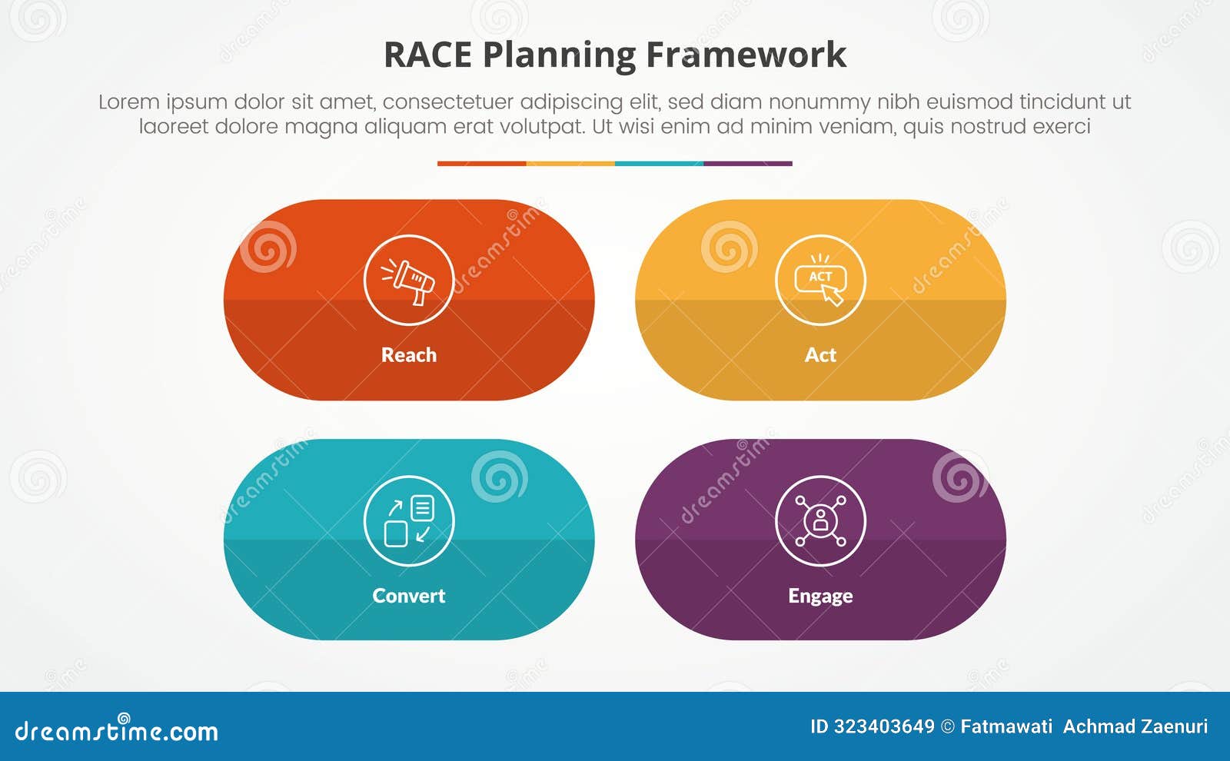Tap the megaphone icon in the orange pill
click(409, 280)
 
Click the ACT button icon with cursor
click(820, 280)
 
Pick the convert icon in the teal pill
click(409, 520)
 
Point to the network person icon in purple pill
click(820, 520)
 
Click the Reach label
click(409, 355)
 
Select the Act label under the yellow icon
click(820, 355)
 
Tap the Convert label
click(409, 596)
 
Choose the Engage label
click(820, 596)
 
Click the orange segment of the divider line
click(481, 163)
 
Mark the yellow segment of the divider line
click(570, 163)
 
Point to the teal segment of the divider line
click(659, 163)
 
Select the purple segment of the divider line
click(747, 163)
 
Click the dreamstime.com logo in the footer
click(117, 730)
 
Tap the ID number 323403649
click(883, 726)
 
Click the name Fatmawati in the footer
click(1006, 726)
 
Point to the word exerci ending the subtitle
click(1062, 126)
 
